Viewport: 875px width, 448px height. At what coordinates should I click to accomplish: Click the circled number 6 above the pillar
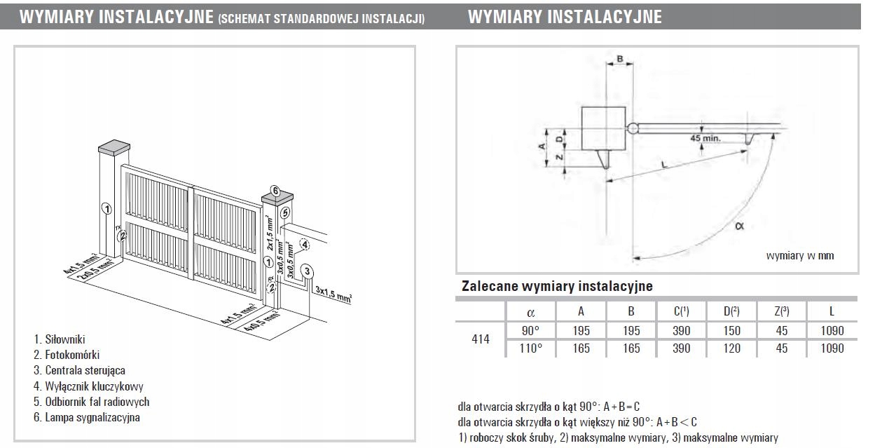pyautogui.click(x=275, y=191)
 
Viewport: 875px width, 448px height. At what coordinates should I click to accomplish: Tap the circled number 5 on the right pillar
pyautogui.click(x=284, y=212)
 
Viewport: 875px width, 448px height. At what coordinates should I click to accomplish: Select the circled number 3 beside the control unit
pyautogui.click(x=307, y=271)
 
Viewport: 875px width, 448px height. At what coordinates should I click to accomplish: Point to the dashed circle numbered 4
pyautogui.click(x=304, y=245)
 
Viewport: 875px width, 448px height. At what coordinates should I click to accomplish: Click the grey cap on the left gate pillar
pyautogui.click(x=115, y=147)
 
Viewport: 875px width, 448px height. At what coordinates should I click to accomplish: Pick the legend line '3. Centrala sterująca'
pyautogui.click(x=80, y=370)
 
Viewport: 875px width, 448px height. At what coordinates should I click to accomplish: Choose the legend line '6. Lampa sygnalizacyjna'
pyautogui.click(x=87, y=417)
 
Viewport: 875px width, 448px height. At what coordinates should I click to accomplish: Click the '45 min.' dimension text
pyautogui.click(x=705, y=138)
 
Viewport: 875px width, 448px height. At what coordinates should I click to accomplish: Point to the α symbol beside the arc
pyautogui.click(x=740, y=225)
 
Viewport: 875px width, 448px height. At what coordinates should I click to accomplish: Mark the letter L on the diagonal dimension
pyautogui.click(x=663, y=164)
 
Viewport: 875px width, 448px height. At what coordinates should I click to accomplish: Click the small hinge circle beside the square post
pyautogui.click(x=633, y=128)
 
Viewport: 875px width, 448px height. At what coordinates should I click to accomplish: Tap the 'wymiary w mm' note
pyautogui.click(x=800, y=256)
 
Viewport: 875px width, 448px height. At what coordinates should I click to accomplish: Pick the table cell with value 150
pyautogui.click(x=731, y=331)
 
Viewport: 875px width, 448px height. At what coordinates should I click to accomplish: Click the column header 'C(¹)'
pyautogui.click(x=681, y=311)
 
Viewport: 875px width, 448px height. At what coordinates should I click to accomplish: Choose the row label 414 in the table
pyautogui.click(x=480, y=339)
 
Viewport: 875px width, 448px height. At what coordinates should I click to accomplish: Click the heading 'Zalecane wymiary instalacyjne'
pyautogui.click(x=557, y=287)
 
